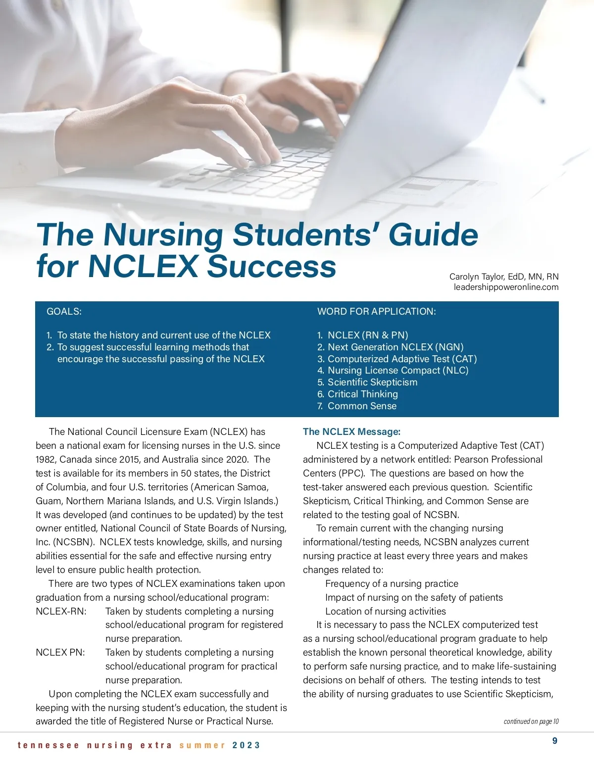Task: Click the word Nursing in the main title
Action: [163, 235]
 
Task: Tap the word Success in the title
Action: [271, 266]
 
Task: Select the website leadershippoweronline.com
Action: [506, 287]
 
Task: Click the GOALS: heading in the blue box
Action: [64, 311]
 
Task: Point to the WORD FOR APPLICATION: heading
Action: [376, 311]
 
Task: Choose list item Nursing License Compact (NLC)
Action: [397, 370]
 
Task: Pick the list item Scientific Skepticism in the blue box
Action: [372, 382]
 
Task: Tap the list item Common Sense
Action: [362, 406]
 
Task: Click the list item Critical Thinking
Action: [362, 394]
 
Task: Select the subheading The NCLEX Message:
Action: [351, 431]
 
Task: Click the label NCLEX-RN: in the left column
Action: [61, 611]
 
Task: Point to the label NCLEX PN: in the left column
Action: [60, 652]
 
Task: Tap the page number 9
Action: [554, 741]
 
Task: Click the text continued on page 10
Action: [531, 721]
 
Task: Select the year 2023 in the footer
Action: [246, 745]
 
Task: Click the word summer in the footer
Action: [202, 745]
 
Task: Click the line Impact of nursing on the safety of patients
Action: [414, 597]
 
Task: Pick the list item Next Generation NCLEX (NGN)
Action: [395, 347]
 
